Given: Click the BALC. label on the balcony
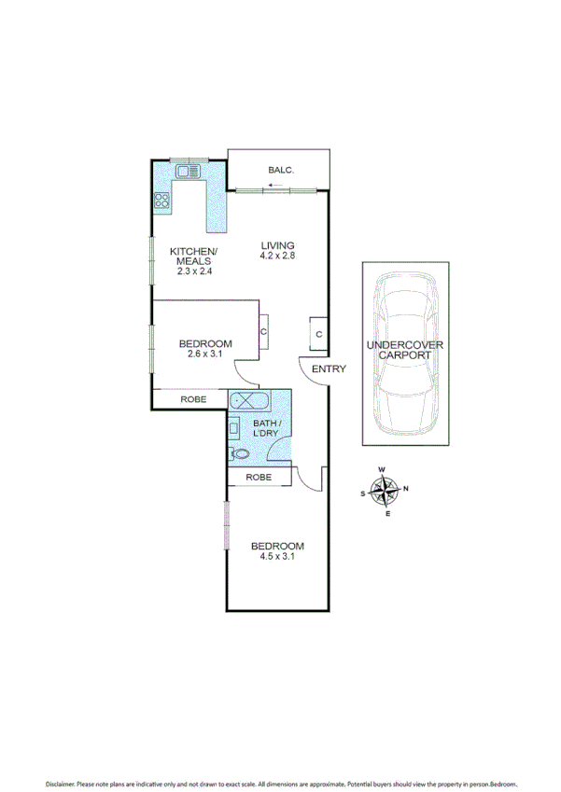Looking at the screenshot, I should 280,170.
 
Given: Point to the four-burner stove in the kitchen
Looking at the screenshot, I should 161,200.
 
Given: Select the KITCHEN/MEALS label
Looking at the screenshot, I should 194,257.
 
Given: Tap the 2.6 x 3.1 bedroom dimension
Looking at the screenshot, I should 205,355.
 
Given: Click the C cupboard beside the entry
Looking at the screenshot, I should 318,334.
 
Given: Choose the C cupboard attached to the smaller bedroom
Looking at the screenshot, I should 264,331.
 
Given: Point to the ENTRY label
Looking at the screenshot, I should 329,369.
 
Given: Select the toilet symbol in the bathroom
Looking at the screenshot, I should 239,453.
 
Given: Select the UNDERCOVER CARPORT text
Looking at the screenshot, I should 405,351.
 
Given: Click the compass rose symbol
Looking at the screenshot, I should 384,491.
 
